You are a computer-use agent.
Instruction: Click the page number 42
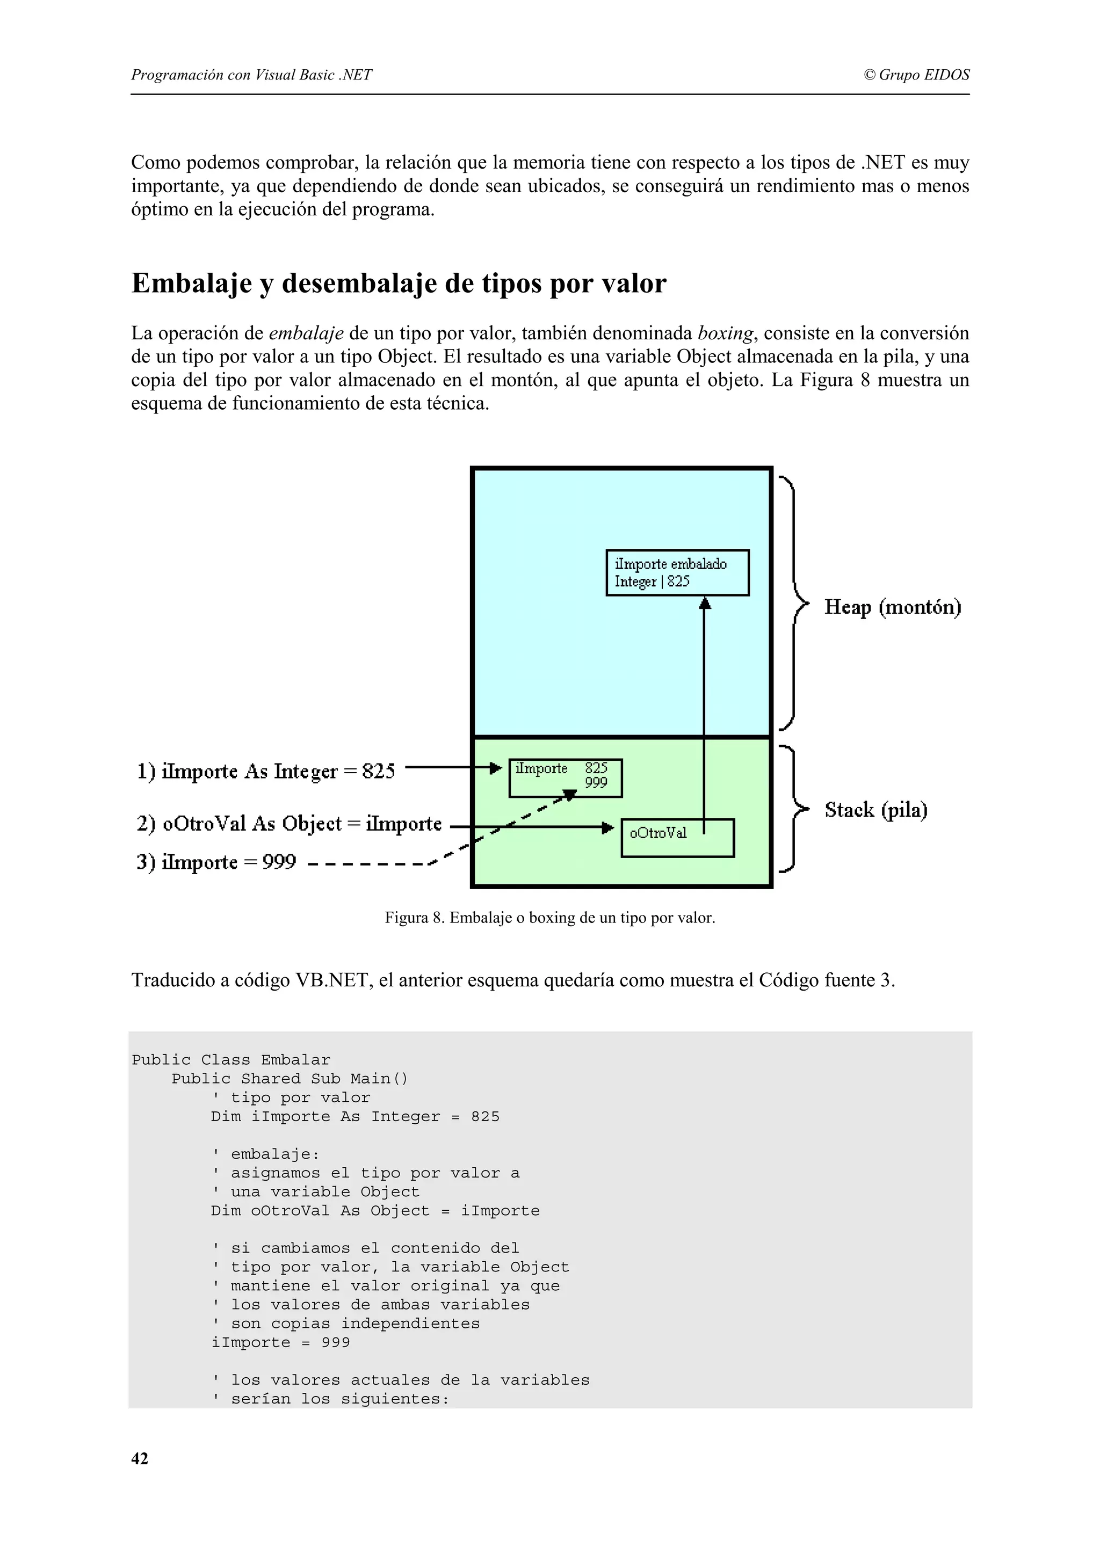click(x=140, y=1459)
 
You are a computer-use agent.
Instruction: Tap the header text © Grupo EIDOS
click(x=916, y=75)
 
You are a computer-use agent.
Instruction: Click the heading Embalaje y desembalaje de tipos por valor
click(x=399, y=283)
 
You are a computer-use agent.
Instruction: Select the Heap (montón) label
click(x=893, y=607)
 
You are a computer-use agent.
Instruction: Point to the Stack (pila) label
click(x=875, y=810)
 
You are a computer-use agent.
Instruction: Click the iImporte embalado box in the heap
click(x=677, y=573)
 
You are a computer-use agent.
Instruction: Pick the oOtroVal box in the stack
click(x=677, y=838)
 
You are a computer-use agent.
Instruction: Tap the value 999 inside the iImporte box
click(x=596, y=783)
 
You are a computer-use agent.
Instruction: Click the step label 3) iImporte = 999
click(x=217, y=862)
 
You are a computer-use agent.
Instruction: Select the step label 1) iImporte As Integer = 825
click(x=266, y=771)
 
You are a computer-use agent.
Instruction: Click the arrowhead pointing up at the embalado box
click(x=704, y=602)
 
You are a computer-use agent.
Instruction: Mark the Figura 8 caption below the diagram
click(x=549, y=918)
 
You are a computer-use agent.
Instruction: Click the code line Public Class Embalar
click(x=231, y=1060)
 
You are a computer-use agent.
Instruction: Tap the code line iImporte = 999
click(x=280, y=1342)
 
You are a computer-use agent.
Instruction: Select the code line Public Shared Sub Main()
click(x=290, y=1079)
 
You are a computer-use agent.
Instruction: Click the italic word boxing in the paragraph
click(x=725, y=333)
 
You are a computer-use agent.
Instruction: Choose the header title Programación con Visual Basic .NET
click(x=251, y=75)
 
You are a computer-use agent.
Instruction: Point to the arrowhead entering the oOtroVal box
click(x=609, y=827)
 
